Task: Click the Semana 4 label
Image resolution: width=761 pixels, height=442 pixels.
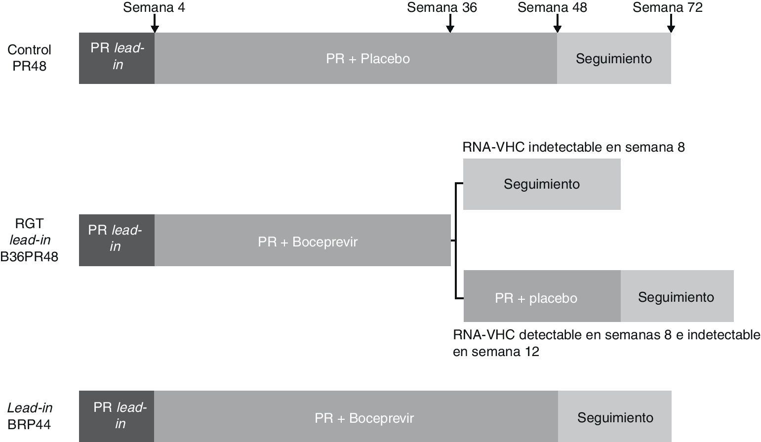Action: click(154, 7)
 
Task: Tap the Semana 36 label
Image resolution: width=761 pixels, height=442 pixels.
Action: click(442, 7)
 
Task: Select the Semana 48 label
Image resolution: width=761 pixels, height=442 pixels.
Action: click(552, 7)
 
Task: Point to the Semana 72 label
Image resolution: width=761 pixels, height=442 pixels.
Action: click(667, 7)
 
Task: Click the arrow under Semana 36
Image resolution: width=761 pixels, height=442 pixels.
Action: click(450, 24)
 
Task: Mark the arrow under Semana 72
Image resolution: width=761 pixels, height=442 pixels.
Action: click(671, 24)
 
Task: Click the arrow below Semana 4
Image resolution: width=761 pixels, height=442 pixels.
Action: click(155, 24)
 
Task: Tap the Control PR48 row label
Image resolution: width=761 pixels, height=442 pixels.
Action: click(29, 58)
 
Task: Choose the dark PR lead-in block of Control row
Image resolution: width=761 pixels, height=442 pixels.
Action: click(117, 58)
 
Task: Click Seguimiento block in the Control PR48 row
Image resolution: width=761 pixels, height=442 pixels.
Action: click(614, 58)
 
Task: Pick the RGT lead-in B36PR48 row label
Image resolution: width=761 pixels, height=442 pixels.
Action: click(29, 240)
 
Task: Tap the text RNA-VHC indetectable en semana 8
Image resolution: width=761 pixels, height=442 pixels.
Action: click(573, 147)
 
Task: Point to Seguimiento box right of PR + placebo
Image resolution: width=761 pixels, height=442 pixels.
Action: click(677, 296)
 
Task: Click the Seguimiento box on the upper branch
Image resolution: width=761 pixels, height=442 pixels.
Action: click(542, 184)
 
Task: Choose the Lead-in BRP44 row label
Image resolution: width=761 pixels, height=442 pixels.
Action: click(30, 416)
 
